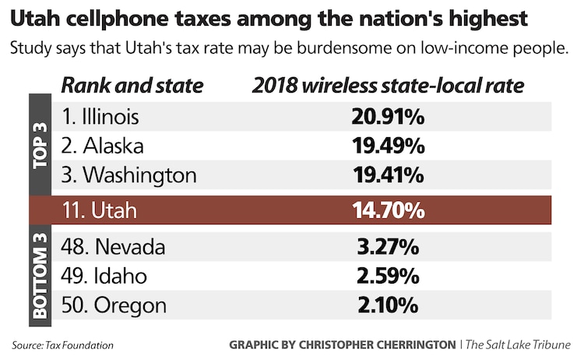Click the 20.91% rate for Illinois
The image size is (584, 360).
point(387,118)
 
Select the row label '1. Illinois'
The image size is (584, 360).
point(100,118)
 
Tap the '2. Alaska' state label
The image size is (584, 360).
point(103,146)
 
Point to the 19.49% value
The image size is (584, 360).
point(387,146)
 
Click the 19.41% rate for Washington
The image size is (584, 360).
point(387,174)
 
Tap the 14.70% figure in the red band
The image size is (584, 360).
point(387,210)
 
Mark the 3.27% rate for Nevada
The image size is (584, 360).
point(387,248)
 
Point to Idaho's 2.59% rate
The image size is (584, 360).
point(387,276)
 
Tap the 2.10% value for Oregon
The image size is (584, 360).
point(387,305)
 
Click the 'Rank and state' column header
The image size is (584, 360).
point(132,86)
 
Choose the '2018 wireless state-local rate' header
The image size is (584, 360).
point(388,86)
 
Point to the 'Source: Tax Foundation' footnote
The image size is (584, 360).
point(62,344)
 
